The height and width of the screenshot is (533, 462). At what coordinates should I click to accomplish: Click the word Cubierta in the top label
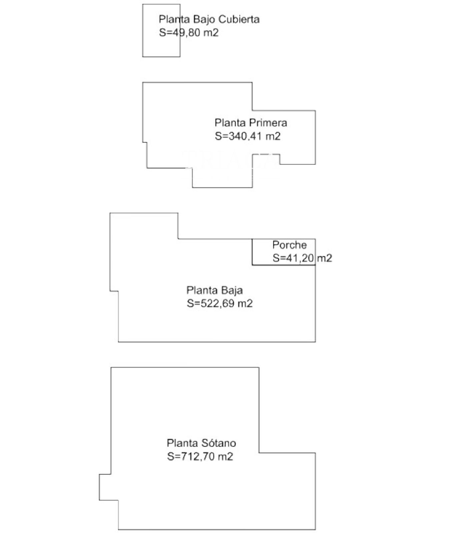[239, 19]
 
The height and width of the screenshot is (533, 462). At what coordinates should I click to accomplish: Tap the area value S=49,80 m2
[189, 33]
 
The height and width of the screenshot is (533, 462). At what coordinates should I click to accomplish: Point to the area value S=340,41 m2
[248, 136]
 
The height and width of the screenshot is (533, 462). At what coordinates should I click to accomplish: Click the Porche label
[289, 245]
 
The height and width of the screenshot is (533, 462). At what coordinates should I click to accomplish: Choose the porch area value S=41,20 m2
[302, 258]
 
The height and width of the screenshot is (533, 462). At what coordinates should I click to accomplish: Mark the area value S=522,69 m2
[220, 303]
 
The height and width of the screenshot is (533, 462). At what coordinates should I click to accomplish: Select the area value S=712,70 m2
[200, 456]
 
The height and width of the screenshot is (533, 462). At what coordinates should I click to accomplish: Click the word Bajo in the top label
[204, 20]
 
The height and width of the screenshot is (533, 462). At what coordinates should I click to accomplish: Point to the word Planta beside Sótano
[182, 443]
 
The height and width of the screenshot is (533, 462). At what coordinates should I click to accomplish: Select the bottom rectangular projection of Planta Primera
[222, 188]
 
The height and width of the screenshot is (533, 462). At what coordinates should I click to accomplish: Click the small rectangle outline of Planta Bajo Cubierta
[143, 30]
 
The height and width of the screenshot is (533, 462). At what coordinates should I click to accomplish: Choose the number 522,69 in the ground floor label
[218, 303]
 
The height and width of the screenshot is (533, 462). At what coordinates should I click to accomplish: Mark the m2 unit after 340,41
[273, 136]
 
